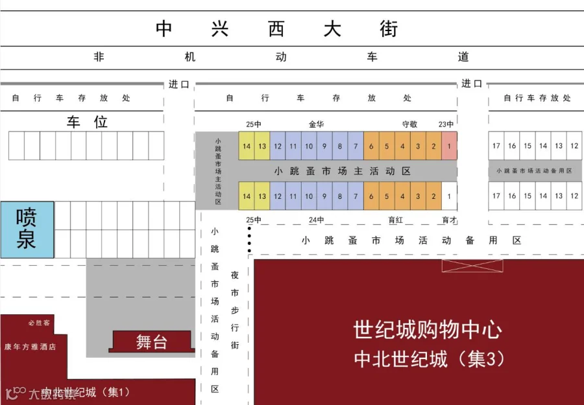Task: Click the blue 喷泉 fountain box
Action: coord(27,229)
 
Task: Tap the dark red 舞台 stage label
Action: coord(152,341)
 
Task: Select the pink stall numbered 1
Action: coord(449,146)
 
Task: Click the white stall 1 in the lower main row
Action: coord(449,196)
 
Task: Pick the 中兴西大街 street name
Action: coord(276,29)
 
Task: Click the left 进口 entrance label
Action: coord(179,84)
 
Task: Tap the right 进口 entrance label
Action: coord(472,84)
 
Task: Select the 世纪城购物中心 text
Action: coord(428,330)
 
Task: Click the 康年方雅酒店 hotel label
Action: coord(30,347)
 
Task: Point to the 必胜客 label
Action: coord(39,323)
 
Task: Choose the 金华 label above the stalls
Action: coord(316,124)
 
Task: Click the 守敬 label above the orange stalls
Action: coord(409,124)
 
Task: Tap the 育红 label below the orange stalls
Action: coord(395,220)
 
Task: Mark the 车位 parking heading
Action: coord(87,122)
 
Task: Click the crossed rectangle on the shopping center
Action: coord(472,266)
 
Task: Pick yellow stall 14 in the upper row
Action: coord(247,146)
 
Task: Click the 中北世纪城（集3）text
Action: coord(428,359)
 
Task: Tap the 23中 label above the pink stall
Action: coord(446,124)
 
